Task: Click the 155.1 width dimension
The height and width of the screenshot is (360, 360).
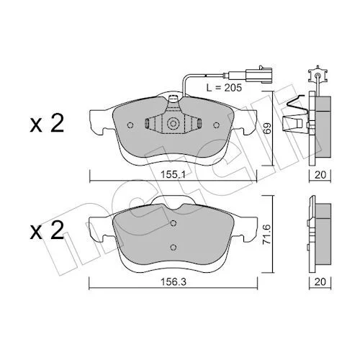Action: [x=173, y=175]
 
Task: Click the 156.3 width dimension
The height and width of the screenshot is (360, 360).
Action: [x=174, y=282]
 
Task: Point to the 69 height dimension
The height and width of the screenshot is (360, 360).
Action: [x=268, y=128]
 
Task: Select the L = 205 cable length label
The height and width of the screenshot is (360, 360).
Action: [x=224, y=88]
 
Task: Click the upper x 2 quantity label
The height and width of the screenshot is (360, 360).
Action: [x=47, y=124]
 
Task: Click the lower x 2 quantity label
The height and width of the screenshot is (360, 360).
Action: [x=47, y=230]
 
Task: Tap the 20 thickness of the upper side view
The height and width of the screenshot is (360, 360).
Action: [x=320, y=175]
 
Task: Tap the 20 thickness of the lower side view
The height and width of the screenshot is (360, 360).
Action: [x=320, y=282]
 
